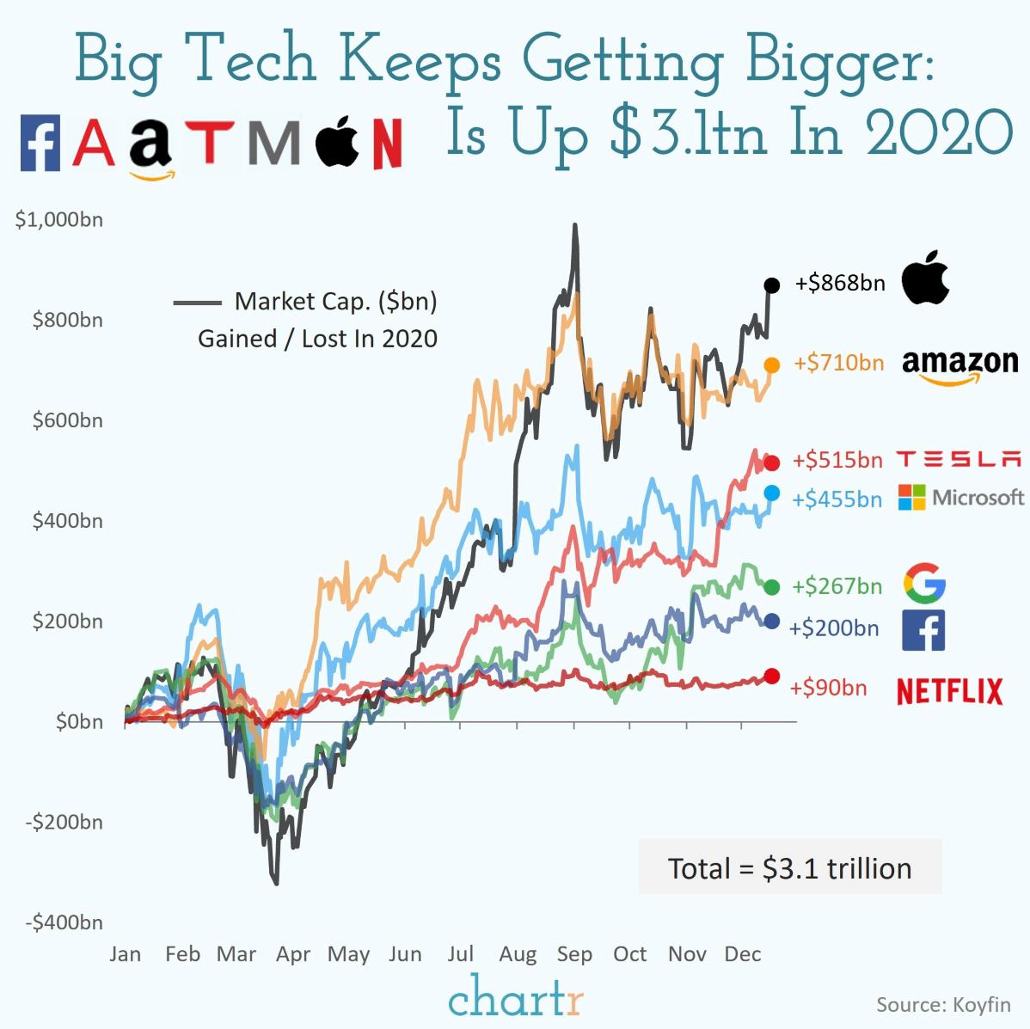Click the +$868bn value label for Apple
[839, 283]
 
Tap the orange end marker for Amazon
[772, 365]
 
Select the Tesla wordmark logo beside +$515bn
[959, 459]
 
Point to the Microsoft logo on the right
[960, 497]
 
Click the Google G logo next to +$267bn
[924, 585]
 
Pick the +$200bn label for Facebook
[834, 628]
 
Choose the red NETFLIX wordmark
[949, 690]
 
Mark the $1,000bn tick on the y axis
[58, 220]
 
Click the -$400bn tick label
[64, 922]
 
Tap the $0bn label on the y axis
[79, 721]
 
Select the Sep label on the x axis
[574, 954]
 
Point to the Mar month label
[236, 954]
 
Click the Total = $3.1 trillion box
[789, 867]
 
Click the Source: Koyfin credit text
[943, 1004]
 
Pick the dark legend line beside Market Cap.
[197, 303]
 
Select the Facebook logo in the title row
[40, 144]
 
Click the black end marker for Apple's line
[771, 285]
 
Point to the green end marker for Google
[772, 587]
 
